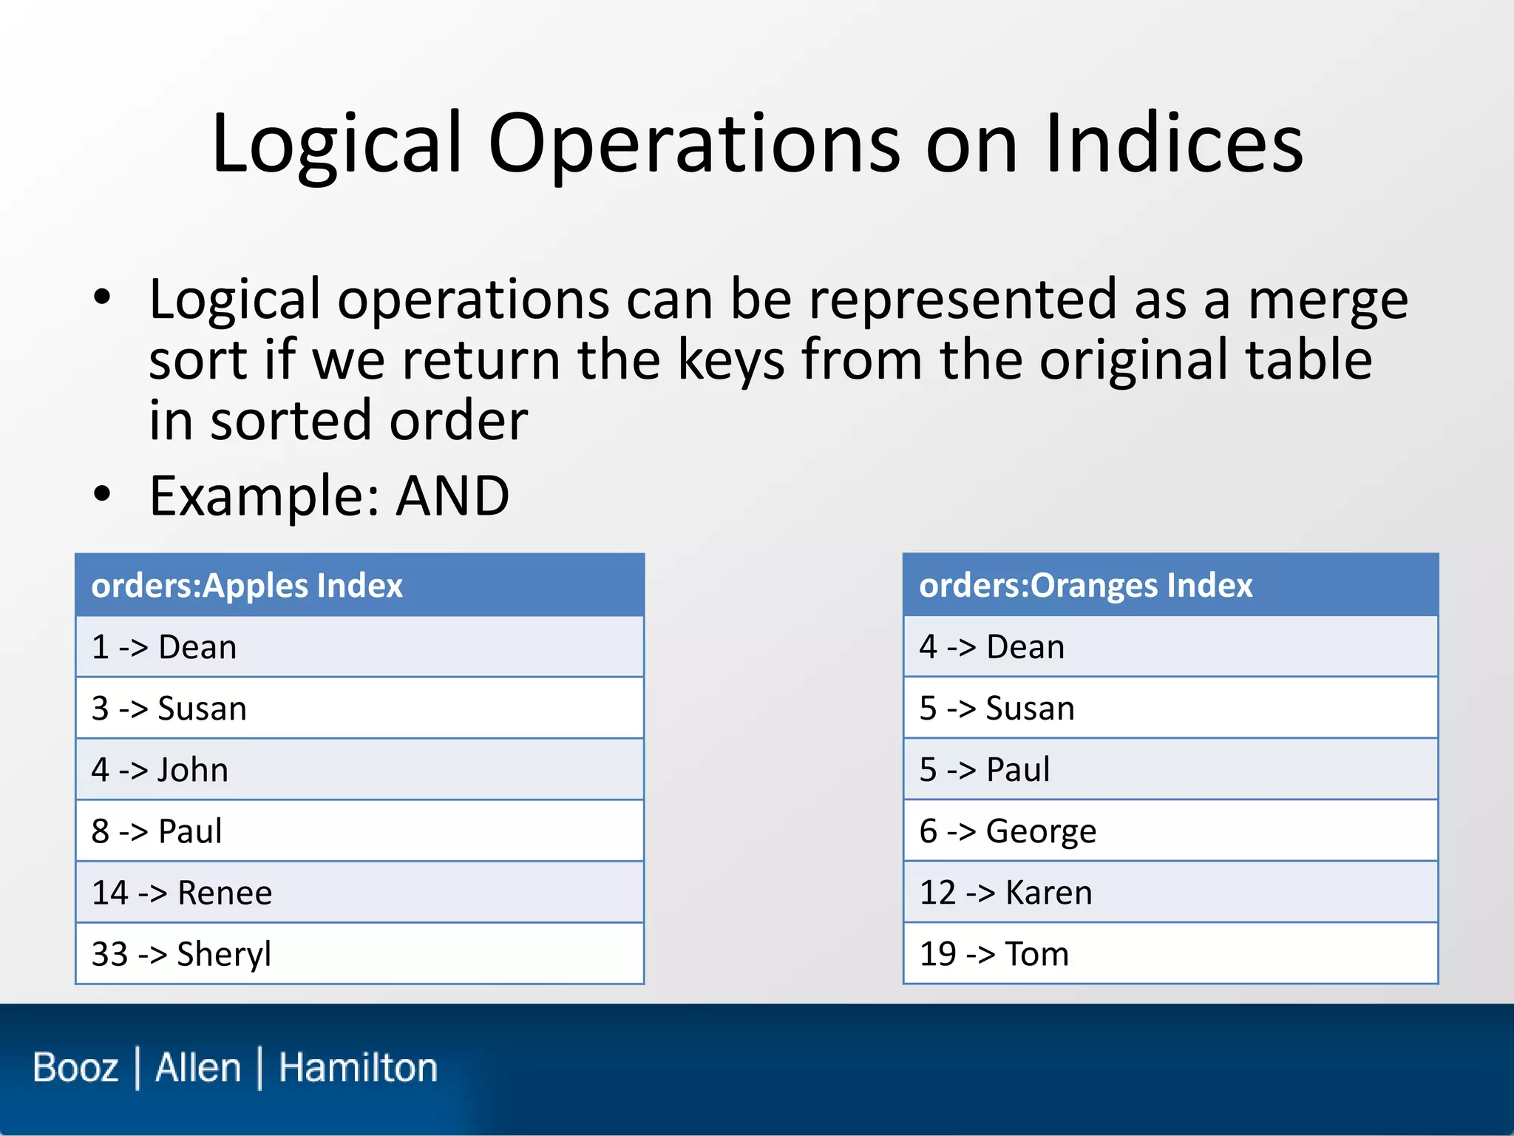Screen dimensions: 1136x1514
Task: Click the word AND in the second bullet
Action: tap(452, 496)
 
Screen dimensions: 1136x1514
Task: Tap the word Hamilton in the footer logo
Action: tap(358, 1068)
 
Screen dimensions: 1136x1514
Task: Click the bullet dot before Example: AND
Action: tap(102, 494)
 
